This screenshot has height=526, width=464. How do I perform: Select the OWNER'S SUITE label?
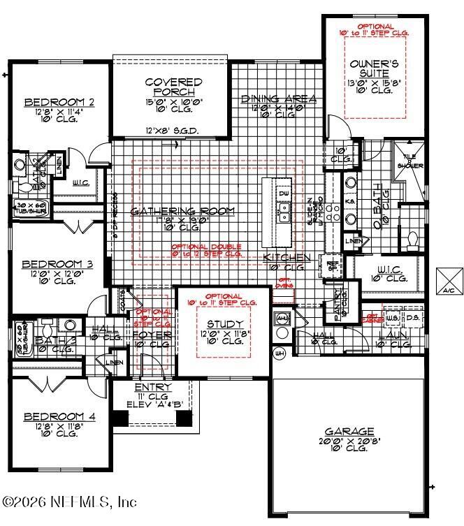pyautogui.click(x=375, y=69)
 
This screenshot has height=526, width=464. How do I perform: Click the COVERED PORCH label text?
pyautogui.click(x=173, y=87)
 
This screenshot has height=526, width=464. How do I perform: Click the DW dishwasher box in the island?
pyautogui.click(x=284, y=192)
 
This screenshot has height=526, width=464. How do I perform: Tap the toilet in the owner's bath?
pyautogui.click(x=412, y=242)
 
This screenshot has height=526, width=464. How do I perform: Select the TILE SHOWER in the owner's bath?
pyautogui.click(x=408, y=162)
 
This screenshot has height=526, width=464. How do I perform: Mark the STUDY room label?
pyautogui.click(x=225, y=324)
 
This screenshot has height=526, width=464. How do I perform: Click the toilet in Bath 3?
pyautogui.click(x=46, y=327)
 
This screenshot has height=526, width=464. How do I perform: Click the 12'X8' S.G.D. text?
pyautogui.click(x=171, y=131)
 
